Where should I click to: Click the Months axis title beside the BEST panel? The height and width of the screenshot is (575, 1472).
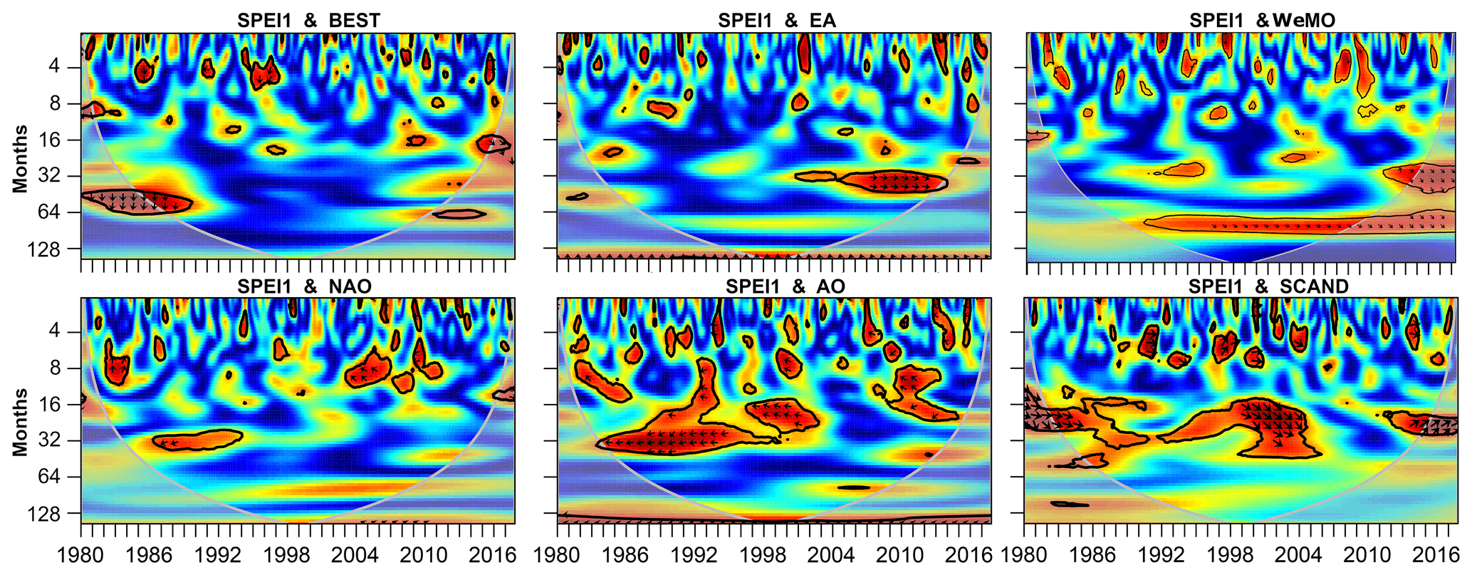tap(20, 158)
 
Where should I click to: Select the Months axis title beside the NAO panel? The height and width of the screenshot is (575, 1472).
tap(20, 423)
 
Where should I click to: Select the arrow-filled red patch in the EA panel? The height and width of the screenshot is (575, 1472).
tap(893, 182)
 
